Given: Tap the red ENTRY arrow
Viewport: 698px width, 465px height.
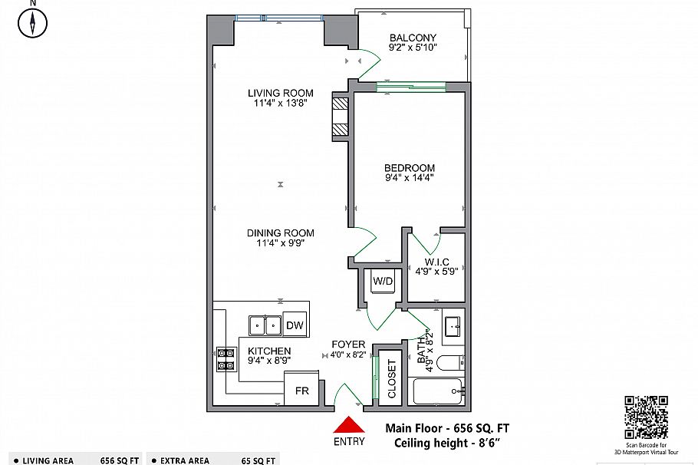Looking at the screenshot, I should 350,426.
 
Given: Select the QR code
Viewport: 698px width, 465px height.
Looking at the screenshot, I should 646,417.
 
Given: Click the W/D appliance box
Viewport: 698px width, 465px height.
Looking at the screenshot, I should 383,282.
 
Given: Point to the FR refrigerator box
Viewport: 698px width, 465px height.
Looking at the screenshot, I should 301,391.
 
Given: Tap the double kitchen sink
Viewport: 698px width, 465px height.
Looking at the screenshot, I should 265,326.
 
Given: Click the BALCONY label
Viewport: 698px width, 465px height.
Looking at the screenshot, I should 413,38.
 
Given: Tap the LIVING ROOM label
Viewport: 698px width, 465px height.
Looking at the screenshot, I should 275,93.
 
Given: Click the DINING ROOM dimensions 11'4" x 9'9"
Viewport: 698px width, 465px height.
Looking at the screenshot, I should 280,245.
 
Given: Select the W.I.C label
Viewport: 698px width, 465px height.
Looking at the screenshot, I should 437,262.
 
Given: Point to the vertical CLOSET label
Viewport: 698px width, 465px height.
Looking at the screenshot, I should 391,380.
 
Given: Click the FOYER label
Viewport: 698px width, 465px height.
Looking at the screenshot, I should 348,345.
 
